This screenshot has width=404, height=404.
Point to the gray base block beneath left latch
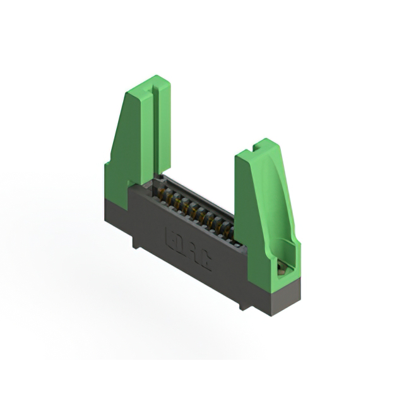[x=117, y=206]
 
